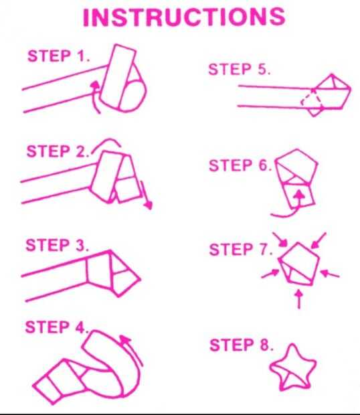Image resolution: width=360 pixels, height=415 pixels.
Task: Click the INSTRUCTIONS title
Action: [x=184, y=17]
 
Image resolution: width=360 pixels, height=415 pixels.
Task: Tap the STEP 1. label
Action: [x=59, y=56]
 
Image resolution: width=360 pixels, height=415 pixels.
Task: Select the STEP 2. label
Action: [x=58, y=151]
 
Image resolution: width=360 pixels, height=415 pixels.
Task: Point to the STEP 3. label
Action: [x=57, y=245]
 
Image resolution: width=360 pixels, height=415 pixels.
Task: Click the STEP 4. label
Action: [x=57, y=327]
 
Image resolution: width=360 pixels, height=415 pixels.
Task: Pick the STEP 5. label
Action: [x=240, y=70]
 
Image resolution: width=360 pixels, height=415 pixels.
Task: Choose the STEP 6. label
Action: [x=240, y=165]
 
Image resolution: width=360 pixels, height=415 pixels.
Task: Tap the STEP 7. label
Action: [x=241, y=249]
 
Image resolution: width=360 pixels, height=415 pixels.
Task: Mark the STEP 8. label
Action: [x=242, y=345]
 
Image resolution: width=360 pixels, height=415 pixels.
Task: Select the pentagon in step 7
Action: [x=299, y=264]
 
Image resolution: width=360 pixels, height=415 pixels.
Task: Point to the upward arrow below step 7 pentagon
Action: [x=299, y=299]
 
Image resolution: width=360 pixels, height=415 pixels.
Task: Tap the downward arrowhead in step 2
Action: [x=149, y=205]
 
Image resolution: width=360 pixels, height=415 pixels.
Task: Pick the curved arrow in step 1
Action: [x=96, y=97]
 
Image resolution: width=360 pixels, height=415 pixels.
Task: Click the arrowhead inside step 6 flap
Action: [x=299, y=195]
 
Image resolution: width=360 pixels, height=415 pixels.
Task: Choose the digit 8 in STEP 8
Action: [x=265, y=345]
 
